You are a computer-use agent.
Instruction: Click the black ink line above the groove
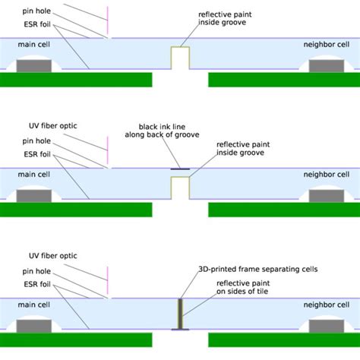click(x=180, y=168)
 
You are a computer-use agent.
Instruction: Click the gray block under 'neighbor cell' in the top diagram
click(x=327, y=66)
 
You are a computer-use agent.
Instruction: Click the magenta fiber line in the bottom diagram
click(x=108, y=277)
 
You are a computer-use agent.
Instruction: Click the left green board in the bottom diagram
click(x=76, y=339)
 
